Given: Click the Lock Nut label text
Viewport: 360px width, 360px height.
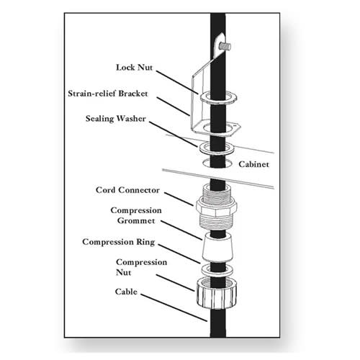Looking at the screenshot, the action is [x=134, y=68].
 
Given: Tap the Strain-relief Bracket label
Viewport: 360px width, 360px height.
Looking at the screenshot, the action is [x=108, y=94].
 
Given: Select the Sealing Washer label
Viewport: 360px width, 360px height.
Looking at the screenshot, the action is [x=116, y=119].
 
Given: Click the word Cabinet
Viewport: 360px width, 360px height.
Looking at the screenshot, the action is [x=253, y=164].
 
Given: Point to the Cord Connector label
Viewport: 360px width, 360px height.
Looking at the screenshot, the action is [x=127, y=190].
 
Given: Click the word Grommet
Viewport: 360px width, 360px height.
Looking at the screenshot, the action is [x=136, y=220].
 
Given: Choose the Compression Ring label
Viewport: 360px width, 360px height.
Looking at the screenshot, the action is [x=119, y=242].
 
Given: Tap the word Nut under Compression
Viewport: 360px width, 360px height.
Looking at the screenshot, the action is [x=124, y=273].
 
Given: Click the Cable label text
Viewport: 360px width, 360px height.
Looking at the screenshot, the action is [x=126, y=292].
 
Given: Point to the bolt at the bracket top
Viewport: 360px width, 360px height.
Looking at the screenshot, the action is [x=225, y=46].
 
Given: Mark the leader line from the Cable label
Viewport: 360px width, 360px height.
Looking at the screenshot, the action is [x=174, y=307].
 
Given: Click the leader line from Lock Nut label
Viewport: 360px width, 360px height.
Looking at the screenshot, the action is [x=177, y=82].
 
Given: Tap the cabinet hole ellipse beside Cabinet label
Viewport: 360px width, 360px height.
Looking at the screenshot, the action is [x=204, y=164].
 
